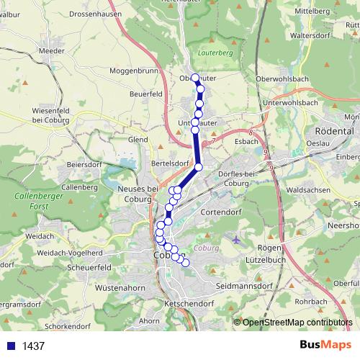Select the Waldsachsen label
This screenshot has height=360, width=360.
311,190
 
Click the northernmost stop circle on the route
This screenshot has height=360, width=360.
195,78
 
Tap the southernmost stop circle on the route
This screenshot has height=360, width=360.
185,263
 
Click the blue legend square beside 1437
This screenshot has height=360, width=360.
10,346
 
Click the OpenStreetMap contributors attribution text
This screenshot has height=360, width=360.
292,323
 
